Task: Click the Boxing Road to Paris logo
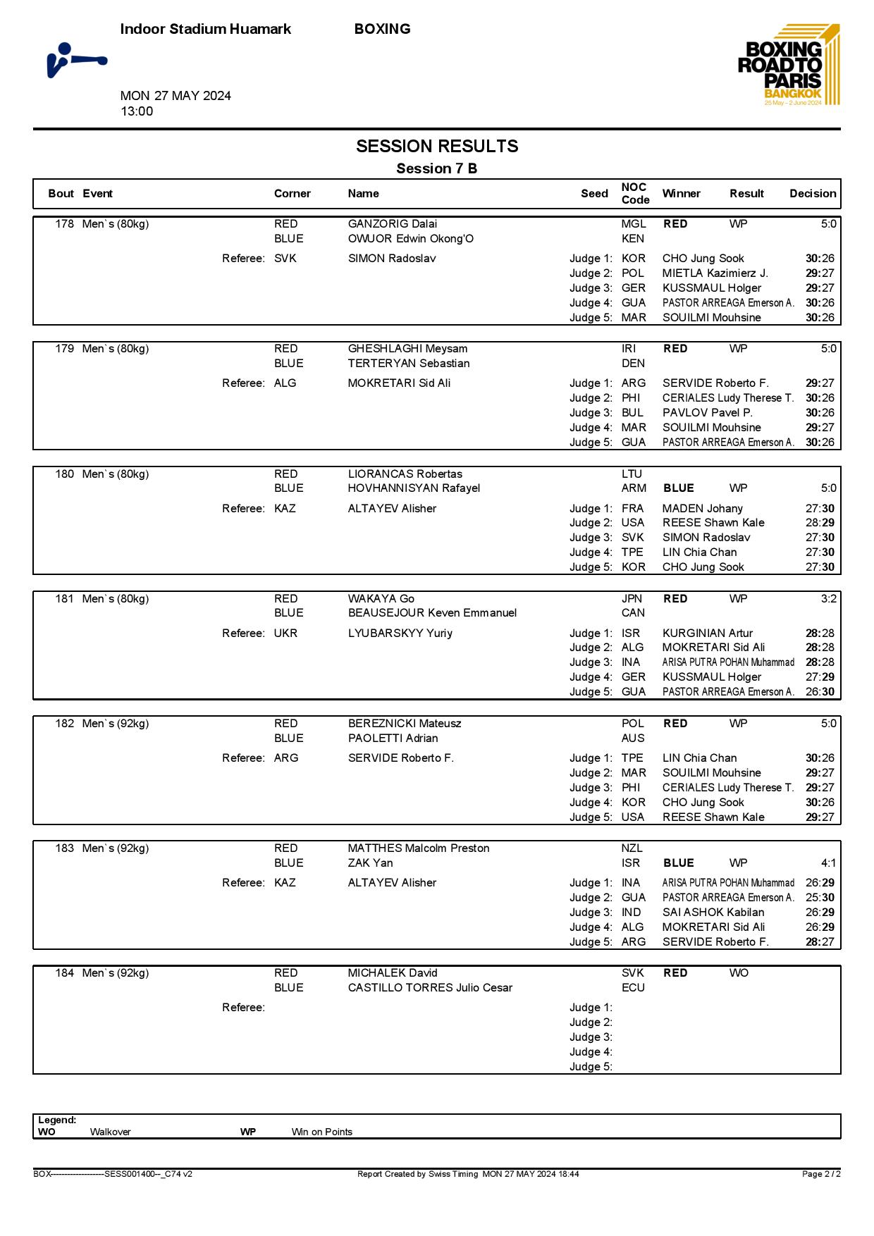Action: (x=789, y=65)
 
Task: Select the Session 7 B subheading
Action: (x=436, y=168)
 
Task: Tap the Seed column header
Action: (x=593, y=194)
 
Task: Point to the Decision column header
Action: (x=812, y=194)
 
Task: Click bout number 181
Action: (x=64, y=599)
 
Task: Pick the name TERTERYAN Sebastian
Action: (x=408, y=364)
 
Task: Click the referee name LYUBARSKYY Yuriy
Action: (x=400, y=634)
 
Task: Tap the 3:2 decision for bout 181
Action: (x=828, y=599)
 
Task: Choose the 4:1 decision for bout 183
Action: (x=828, y=863)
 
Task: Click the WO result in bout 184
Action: (x=739, y=973)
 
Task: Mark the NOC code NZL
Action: (x=632, y=848)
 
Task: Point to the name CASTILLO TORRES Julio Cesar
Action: (x=430, y=988)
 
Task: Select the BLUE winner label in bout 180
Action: (x=678, y=488)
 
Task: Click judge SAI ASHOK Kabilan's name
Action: (x=713, y=913)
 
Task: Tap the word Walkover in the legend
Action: (x=110, y=1132)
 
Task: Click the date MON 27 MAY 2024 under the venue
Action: (x=176, y=96)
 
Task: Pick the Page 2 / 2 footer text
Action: (x=820, y=1174)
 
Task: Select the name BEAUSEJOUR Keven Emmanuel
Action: (x=432, y=613)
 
